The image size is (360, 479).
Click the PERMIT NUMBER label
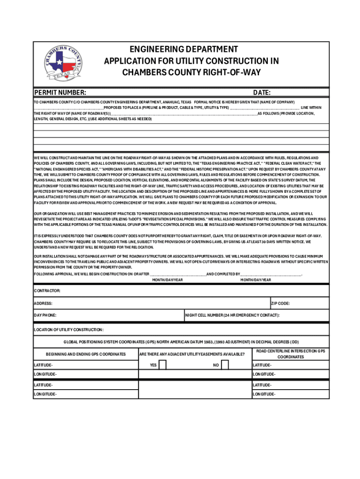[x=60, y=93]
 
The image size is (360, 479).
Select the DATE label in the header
[x=262, y=93]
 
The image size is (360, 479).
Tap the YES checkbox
[x=163, y=365]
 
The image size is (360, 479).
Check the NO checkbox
[x=225, y=365]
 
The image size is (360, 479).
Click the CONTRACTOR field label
[x=47, y=290]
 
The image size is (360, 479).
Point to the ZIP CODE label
[x=281, y=303]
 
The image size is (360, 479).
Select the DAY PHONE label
[x=45, y=315]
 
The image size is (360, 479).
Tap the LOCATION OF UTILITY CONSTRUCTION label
[x=69, y=330]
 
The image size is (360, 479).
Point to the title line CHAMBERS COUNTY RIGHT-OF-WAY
[x=191, y=73]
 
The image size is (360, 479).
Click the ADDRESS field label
[x=43, y=303]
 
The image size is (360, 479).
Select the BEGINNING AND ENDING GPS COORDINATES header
[x=86, y=354]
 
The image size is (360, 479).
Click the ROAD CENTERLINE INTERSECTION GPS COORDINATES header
[x=290, y=354]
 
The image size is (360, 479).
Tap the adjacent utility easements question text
[x=192, y=354]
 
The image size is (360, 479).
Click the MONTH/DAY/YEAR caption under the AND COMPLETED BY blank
[x=255, y=280]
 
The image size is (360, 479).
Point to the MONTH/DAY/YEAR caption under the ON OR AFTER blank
[x=167, y=280]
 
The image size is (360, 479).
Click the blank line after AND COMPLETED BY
[x=271, y=274]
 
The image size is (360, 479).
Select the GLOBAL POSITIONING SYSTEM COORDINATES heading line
[x=181, y=342]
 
